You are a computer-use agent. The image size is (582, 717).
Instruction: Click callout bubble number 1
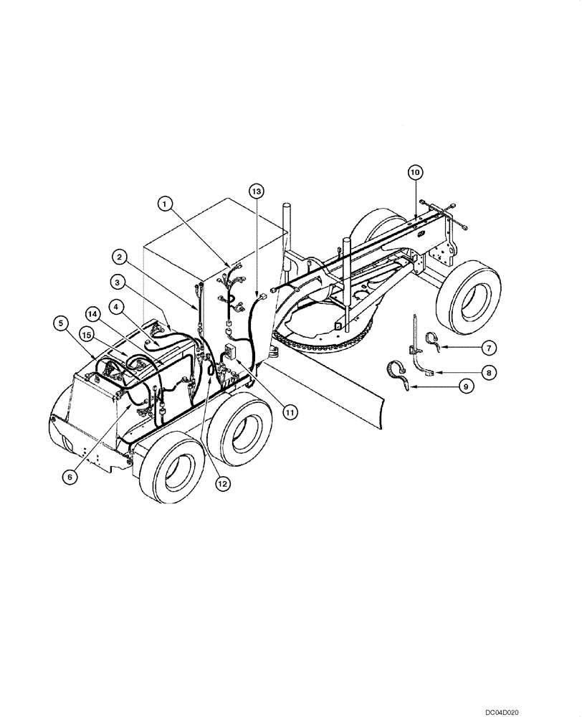pos(166,204)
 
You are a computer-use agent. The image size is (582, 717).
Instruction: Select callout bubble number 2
pos(120,255)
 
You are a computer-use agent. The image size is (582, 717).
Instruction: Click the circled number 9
pos(465,386)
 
